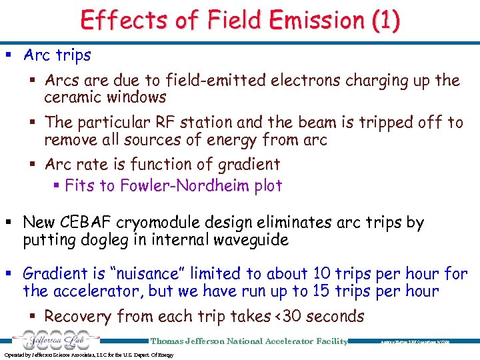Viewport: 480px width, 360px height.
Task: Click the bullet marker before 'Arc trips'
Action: coord(13,55)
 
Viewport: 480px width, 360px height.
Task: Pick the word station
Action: coord(221,123)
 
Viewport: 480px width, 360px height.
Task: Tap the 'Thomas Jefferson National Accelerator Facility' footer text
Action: coord(249,341)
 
